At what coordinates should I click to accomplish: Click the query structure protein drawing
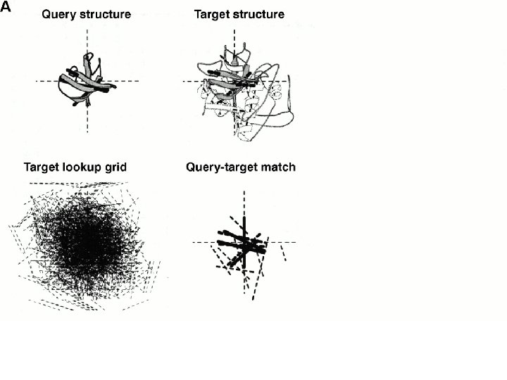(87, 80)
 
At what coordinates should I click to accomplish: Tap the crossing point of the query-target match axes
(244, 243)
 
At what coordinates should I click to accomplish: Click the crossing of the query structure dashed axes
(87, 81)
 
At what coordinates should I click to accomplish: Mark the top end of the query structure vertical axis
(87, 30)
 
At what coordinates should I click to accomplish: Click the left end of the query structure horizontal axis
(37, 81)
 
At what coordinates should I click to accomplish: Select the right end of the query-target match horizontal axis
(296, 243)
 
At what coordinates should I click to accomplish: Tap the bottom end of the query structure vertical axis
(87, 132)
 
